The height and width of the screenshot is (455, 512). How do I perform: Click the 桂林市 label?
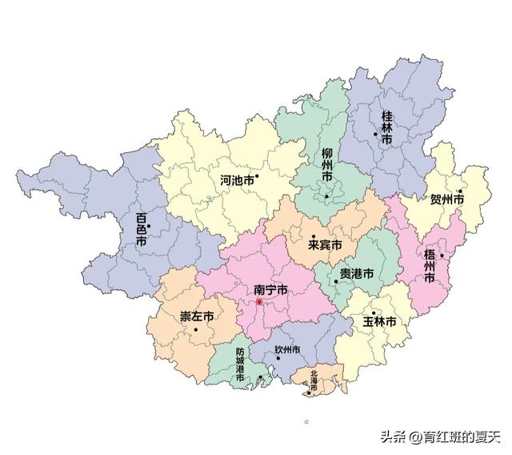[x=387, y=128]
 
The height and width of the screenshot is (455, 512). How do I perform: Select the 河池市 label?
[x=238, y=181]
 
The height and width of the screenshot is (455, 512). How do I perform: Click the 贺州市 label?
[x=447, y=199]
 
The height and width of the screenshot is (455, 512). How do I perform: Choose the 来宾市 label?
[x=326, y=244]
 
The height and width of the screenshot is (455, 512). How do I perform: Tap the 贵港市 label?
[x=357, y=274]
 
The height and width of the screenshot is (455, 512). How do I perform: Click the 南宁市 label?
[x=270, y=290]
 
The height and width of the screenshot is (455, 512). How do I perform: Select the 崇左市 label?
[x=196, y=316]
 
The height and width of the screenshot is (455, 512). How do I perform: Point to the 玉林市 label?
[x=380, y=321]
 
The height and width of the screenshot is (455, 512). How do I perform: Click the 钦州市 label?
[x=287, y=350]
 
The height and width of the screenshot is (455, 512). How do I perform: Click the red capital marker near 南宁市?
[x=259, y=302]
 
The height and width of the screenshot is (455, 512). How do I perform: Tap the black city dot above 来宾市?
[x=313, y=236]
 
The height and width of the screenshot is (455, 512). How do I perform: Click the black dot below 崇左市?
[x=195, y=329]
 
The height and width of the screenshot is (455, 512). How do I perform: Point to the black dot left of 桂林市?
[x=374, y=135]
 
